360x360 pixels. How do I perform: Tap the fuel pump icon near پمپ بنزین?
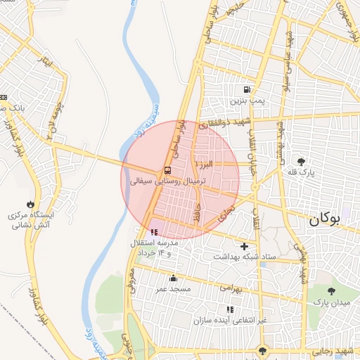pos(246,90)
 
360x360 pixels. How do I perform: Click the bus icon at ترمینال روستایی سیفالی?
pos(167,169)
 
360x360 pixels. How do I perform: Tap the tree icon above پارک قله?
pos(302,161)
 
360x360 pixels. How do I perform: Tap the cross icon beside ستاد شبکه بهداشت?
pos(244,246)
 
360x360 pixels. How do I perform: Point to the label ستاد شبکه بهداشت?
pos(243,258)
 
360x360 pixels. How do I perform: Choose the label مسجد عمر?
pos(172,289)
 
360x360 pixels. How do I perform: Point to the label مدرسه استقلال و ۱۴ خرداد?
pos(153,247)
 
